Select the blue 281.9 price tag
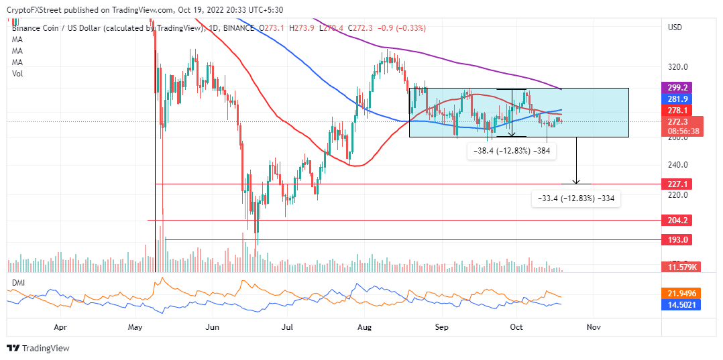676,99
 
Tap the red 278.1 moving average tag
676,110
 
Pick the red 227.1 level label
676,184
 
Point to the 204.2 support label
676,220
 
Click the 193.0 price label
676,239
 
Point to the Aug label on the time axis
365,327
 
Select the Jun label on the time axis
213,327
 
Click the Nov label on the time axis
592,327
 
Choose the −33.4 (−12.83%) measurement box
575,198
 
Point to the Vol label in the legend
18,74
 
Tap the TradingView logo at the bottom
38,349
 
